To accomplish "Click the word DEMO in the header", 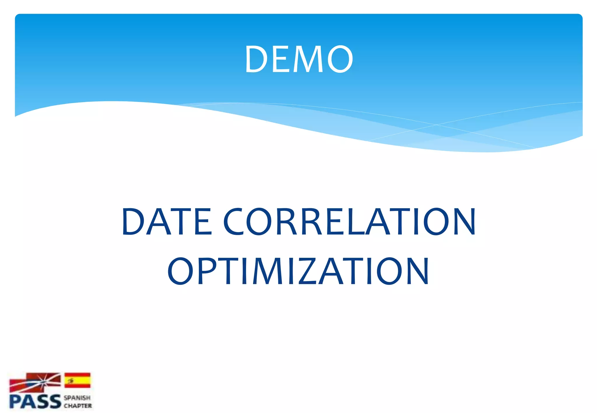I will (299, 59).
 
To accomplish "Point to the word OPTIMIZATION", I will (298, 271).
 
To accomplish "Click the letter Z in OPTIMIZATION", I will (308, 271).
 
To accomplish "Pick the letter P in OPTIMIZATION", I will (206, 271).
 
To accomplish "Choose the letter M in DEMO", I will (308, 59).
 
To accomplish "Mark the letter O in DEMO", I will (340, 59).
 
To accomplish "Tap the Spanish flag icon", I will (77, 380).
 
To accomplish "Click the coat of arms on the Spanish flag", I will (70, 380).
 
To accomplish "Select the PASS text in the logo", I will (35, 402).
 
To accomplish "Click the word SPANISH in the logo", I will (77, 398).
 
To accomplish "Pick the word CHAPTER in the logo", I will (78, 406).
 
